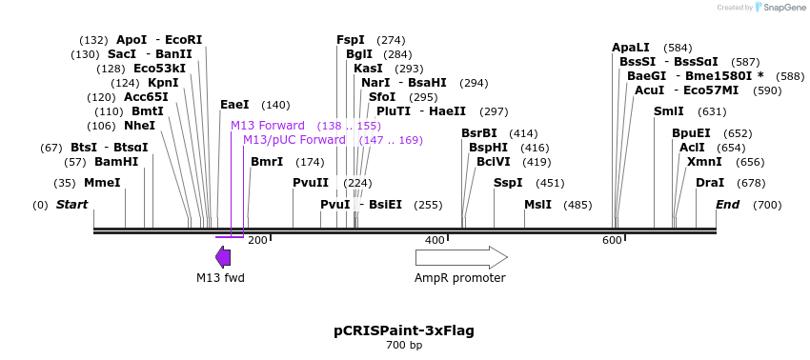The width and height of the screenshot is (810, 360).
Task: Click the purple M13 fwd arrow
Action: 223,257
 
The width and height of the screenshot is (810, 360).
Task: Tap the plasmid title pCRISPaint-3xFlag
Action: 404,330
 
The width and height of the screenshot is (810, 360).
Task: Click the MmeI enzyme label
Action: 102,183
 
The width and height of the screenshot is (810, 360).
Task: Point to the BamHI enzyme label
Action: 116,162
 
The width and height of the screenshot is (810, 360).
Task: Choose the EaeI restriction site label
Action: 234,105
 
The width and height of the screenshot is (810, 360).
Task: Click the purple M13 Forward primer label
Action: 268,126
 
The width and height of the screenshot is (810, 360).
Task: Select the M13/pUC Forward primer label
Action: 294,140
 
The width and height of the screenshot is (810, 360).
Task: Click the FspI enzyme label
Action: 351,40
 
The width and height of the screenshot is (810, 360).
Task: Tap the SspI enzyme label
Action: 508,183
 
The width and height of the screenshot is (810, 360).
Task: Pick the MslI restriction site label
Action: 537,205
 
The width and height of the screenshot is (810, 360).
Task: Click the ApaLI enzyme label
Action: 631,48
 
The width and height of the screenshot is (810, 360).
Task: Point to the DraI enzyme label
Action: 710,183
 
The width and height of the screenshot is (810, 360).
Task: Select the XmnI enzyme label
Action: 704,162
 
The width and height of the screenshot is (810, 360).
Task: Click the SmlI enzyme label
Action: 669,111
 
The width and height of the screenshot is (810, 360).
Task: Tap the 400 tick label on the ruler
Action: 435,240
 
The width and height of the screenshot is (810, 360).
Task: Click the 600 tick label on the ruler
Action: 612,240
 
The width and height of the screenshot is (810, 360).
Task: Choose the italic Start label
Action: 71,205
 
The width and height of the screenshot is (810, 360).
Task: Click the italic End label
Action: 727,205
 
